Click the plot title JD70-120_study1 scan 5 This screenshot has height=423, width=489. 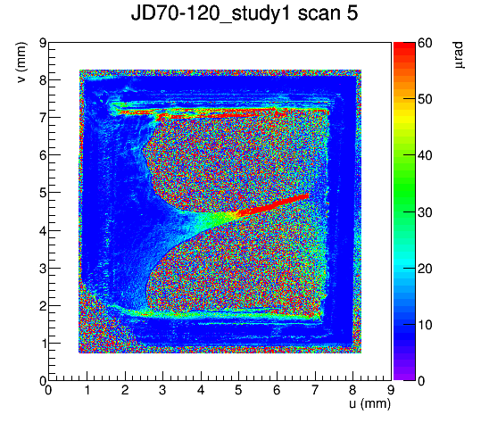pos(244,13)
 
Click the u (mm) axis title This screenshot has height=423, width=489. pos(369,403)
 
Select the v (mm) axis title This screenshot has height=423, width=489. pos(21,62)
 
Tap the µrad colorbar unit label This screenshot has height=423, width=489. pos(458,55)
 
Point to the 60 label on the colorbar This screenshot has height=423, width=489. pos(425,43)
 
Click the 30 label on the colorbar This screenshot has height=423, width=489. pos(425,212)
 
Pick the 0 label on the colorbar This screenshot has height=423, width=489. pos(421,380)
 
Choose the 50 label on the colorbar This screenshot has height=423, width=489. pos(425,100)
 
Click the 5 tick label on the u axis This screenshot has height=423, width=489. pos(238,390)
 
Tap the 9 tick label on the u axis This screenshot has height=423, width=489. pos(391,390)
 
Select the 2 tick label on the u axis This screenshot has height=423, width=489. pos(125,390)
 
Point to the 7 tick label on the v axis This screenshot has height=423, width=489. pos(43,118)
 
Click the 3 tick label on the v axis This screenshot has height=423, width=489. pos(43,269)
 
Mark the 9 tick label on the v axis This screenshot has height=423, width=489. pos(43,43)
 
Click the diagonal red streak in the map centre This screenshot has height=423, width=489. pos(272,205)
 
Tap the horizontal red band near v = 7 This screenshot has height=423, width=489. pos(219,116)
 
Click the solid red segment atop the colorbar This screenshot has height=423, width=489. pos(404,46)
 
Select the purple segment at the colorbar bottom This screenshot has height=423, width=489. pos(404,377)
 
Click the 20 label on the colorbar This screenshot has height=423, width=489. pos(425,269)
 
